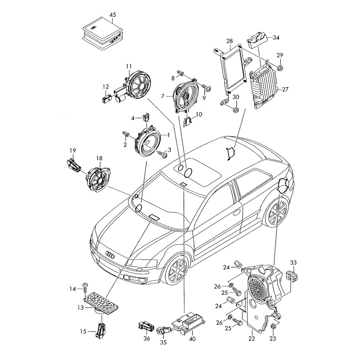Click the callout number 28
pos(229,41)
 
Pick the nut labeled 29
pos(279,69)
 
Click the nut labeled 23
pos(273,327)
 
